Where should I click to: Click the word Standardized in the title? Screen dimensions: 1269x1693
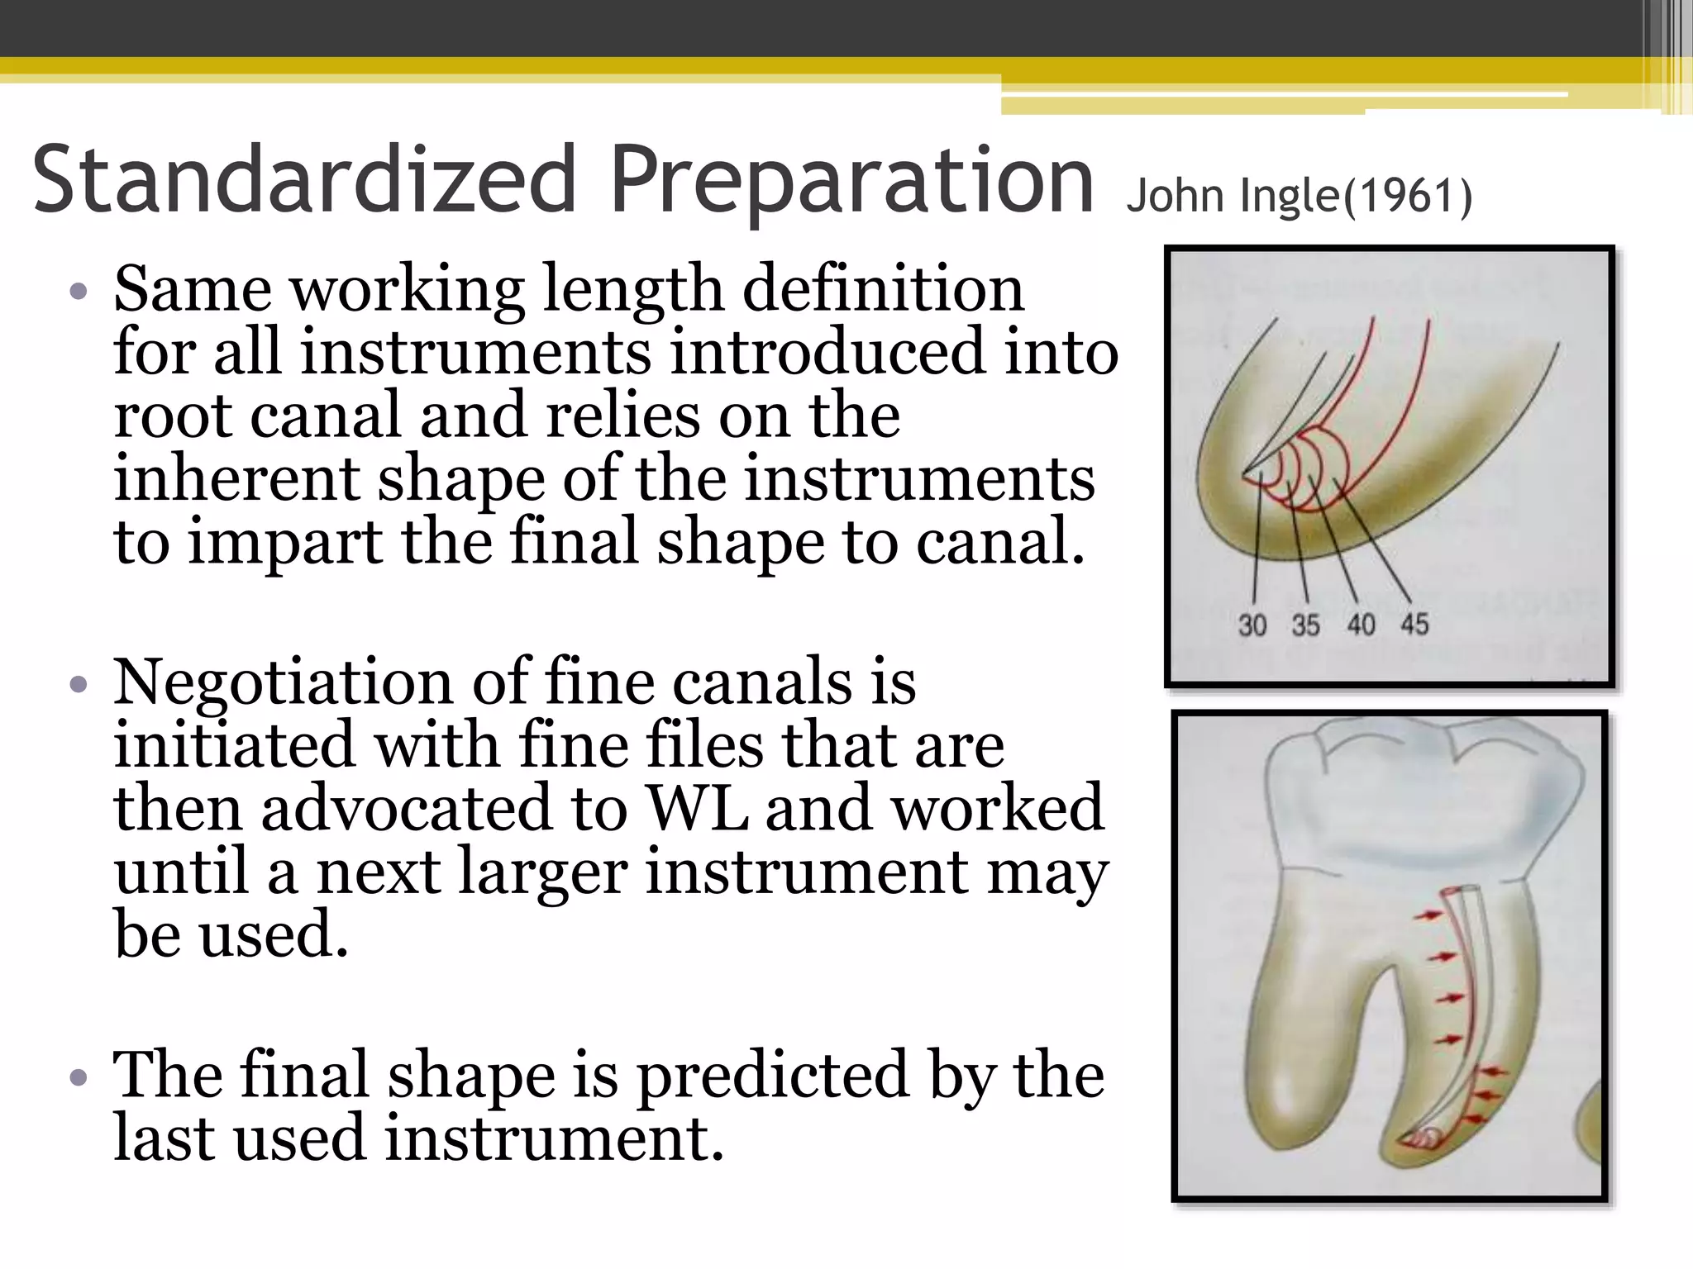(x=304, y=178)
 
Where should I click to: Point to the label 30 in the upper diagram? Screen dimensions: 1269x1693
(x=1252, y=625)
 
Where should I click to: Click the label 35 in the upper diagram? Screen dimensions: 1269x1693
(x=1306, y=625)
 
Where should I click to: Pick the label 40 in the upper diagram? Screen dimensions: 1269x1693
(x=1361, y=625)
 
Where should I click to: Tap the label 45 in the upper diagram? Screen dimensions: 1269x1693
(x=1414, y=625)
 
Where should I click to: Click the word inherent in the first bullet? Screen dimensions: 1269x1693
(x=236, y=478)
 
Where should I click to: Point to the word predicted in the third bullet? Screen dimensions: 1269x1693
(x=773, y=1076)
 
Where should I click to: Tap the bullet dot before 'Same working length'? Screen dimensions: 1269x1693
(x=79, y=291)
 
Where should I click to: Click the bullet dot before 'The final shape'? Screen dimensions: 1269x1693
(x=79, y=1077)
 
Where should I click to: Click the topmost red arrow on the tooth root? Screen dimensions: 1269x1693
(x=1428, y=915)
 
